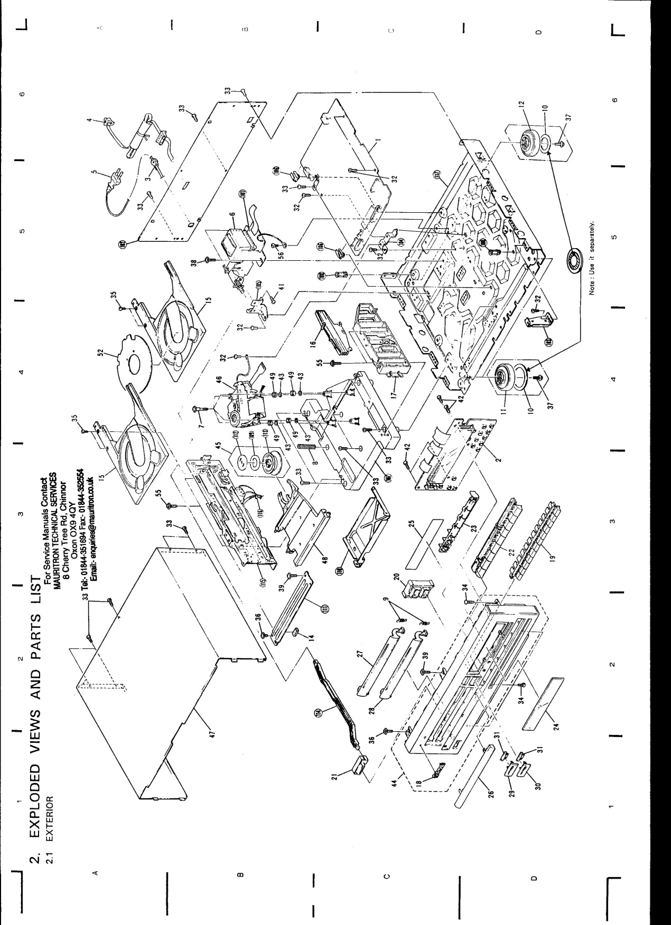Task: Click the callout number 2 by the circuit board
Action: [500, 457]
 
